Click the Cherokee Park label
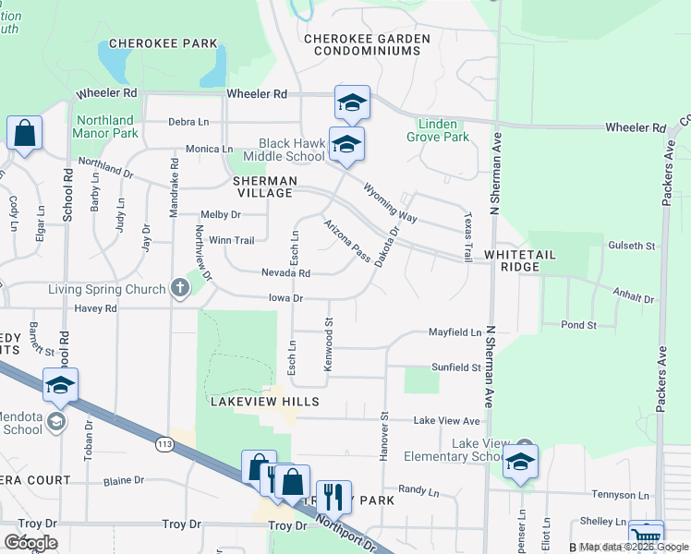click(164, 43)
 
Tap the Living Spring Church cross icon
click(180, 289)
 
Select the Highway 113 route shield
click(165, 445)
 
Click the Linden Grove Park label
click(438, 130)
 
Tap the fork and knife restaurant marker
click(333, 497)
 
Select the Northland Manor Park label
click(107, 126)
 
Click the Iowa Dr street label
click(285, 299)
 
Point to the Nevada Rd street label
click(285, 273)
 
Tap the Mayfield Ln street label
click(455, 331)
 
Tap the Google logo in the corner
click(30, 542)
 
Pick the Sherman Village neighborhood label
click(265, 187)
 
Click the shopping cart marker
click(646, 537)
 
